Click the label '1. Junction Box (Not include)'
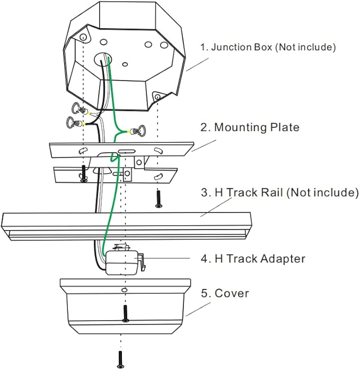click(268, 47)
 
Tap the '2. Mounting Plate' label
click(250, 127)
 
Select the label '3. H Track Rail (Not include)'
click(280, 192)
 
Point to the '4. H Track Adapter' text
click(253, 259)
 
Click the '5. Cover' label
click(225, 293)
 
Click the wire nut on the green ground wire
click(137, 130)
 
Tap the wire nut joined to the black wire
click(75, 122)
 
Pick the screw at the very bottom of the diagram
click(121, 359)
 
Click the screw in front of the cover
click(125, 314)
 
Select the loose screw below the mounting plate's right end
click(159, 199)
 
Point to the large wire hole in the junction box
click(103, 59)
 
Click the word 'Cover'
click(232, 293)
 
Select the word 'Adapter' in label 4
click(283, 259)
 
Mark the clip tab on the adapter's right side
click(141, 261)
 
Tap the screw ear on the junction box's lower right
click(157, 96)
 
